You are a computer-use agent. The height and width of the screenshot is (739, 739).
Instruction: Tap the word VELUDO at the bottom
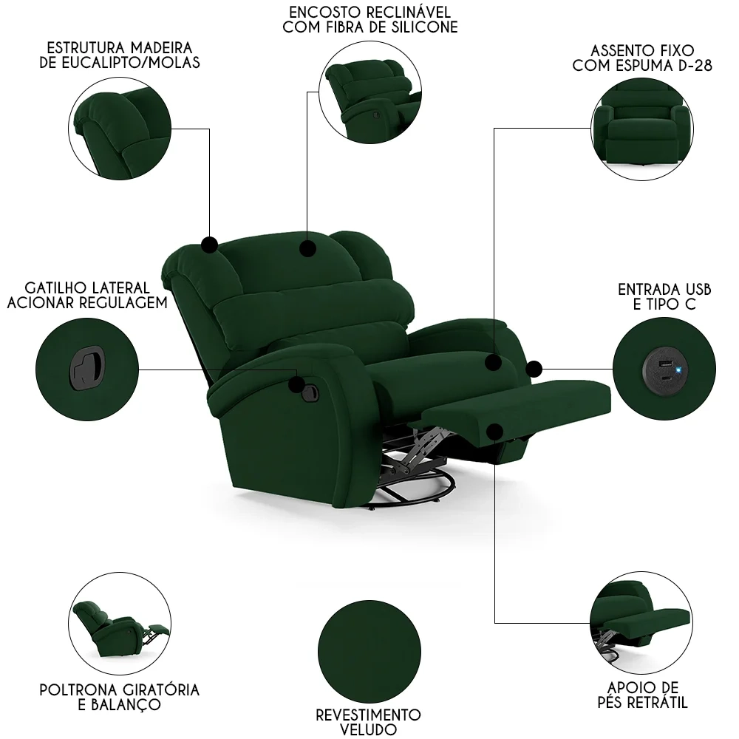click(x=368, y=729)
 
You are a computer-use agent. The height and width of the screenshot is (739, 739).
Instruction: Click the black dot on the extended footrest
click(x=495, y=431)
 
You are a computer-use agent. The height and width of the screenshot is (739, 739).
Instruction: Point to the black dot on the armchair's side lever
click(x=297, y=384)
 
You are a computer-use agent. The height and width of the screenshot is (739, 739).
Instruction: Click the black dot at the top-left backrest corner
click(x=209, y=245)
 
